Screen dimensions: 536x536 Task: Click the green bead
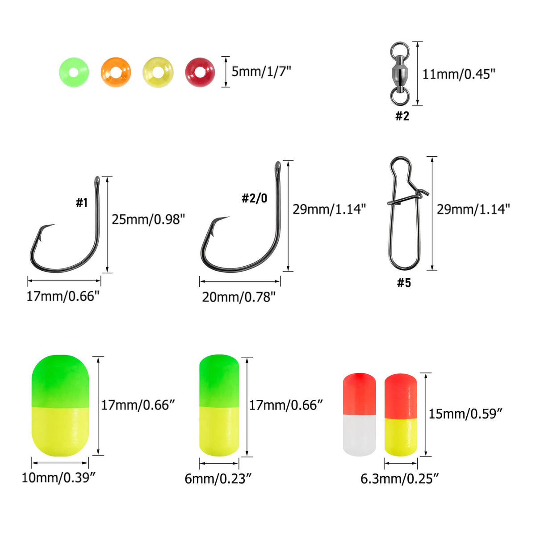click(x=74, y=72)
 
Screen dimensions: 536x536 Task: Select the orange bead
click(x=116, y=72)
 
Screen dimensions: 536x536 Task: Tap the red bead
click(x=200, y=72)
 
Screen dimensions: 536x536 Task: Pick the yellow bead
click(x=158, y=72)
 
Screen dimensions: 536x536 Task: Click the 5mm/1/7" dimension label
click(x=261, y=71)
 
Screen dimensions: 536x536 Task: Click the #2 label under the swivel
click(x=402, y=116)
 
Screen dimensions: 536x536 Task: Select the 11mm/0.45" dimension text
click(x=459, y=74)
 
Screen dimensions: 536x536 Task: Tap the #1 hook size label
click(x=81, y=203)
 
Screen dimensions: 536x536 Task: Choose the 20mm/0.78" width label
click(x=239, y=297)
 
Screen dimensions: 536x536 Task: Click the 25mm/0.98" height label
click(x=148, y=219)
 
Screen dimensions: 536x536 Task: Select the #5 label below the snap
click(x=404, y=283)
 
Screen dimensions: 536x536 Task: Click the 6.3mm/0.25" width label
click(x=400, y=479)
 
